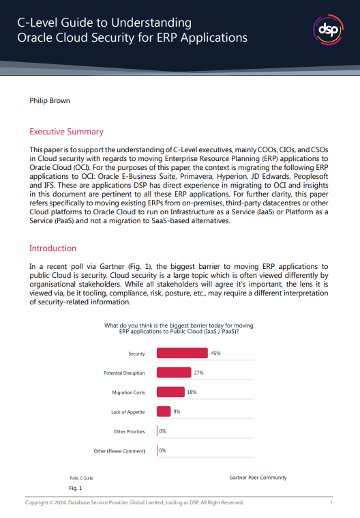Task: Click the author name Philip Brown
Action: (x=50, y=101)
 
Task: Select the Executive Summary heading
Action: (x=66, y=132)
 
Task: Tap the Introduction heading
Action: (x=52, y=248)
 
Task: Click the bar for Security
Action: (x=182, y=354)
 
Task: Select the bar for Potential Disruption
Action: (x=174, y=373)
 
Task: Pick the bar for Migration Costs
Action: (x=170, y=392)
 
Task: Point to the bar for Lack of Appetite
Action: (x=164, y=412)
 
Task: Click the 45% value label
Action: (x=215, y=354)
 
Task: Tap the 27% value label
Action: (x=199, y=373)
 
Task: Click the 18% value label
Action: (x=192, y=392)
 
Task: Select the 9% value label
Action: (x=177, y=412)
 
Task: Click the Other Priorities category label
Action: (x=129, y=431)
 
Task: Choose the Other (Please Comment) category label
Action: (x=119, y=451)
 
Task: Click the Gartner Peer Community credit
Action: (x=258, y=478)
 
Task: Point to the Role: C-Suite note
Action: (x=82, y=478)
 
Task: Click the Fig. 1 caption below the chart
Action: (x=76, y=489)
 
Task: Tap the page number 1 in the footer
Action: (x=331, y=503)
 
